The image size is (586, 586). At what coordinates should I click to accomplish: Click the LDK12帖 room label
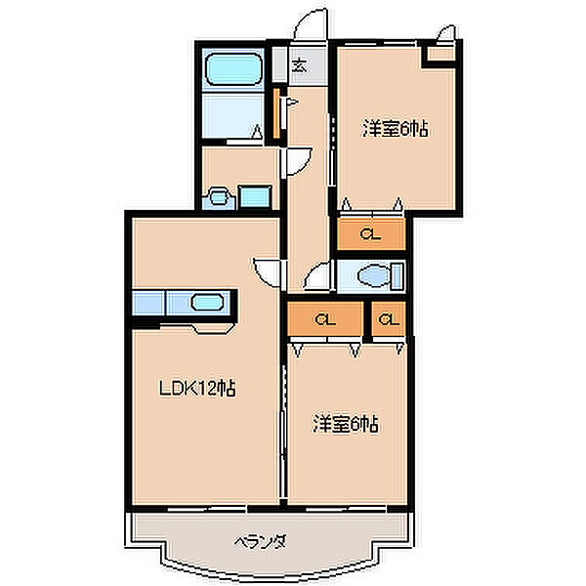click(197, 389)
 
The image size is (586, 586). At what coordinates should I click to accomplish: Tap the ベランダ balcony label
click(261, 541)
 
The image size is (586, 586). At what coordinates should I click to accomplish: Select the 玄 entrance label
click(300, 65)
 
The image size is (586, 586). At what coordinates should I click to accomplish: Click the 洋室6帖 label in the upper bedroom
click(395, 129)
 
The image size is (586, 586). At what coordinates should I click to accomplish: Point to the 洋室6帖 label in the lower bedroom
click(345, 424)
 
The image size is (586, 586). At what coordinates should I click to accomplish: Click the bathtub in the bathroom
click(233, 69)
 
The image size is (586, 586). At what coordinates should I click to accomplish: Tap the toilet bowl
click(375, 276)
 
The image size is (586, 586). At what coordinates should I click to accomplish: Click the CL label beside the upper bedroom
click(370, 235)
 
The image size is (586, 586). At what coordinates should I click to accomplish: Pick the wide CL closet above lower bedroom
click(325, 318)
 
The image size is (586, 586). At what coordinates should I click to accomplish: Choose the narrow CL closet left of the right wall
click(389, 318)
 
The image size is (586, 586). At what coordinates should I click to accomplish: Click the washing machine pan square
click(255, 196)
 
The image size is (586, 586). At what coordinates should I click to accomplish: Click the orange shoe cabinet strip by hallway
click(276, 113)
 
